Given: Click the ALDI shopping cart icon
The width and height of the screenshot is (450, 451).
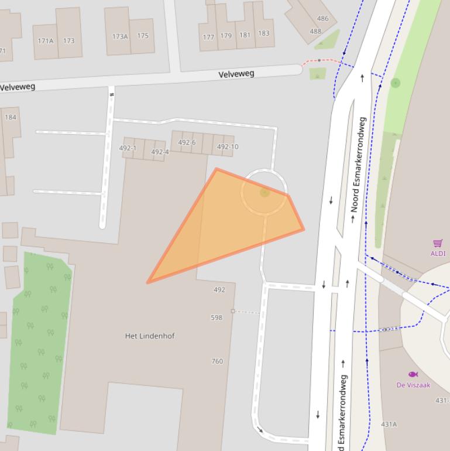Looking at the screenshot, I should click(x=438, y=243).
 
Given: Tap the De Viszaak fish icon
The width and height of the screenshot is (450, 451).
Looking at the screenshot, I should click(x=413, y=374).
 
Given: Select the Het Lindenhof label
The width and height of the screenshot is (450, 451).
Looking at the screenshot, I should click(x=150, y=336).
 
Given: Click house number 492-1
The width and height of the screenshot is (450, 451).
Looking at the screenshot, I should click(x=128, y=148).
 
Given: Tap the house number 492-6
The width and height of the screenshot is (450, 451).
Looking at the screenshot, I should click(x=187, y=142).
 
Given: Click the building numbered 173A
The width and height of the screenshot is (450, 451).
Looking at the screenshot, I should click(x=120, y=36).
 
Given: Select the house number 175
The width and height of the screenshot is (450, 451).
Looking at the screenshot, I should click(x=143, y=36).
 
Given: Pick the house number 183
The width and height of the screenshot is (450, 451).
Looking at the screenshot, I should click(x=264, y=33).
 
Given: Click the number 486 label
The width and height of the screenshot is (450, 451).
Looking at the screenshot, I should click(x=322, y=18).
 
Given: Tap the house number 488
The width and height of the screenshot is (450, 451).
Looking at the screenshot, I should click(x=315, y=31).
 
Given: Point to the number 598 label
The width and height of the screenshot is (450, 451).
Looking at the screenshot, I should click(x=217, y=317).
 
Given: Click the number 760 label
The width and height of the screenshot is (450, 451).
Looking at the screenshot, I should click(x=217, y=361).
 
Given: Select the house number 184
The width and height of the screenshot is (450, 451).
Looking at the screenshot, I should click(x=11, y=117).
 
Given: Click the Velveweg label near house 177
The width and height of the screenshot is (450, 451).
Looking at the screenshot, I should click(x=236, y=74).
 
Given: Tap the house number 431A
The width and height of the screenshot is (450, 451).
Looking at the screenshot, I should click(x=389, y=424).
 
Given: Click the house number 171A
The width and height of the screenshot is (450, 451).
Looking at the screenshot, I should click(x=45, y=41).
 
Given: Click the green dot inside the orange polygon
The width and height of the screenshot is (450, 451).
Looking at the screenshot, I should click(x=264, y=192).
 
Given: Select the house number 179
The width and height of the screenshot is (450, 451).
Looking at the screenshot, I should click(x=226, y=36).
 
